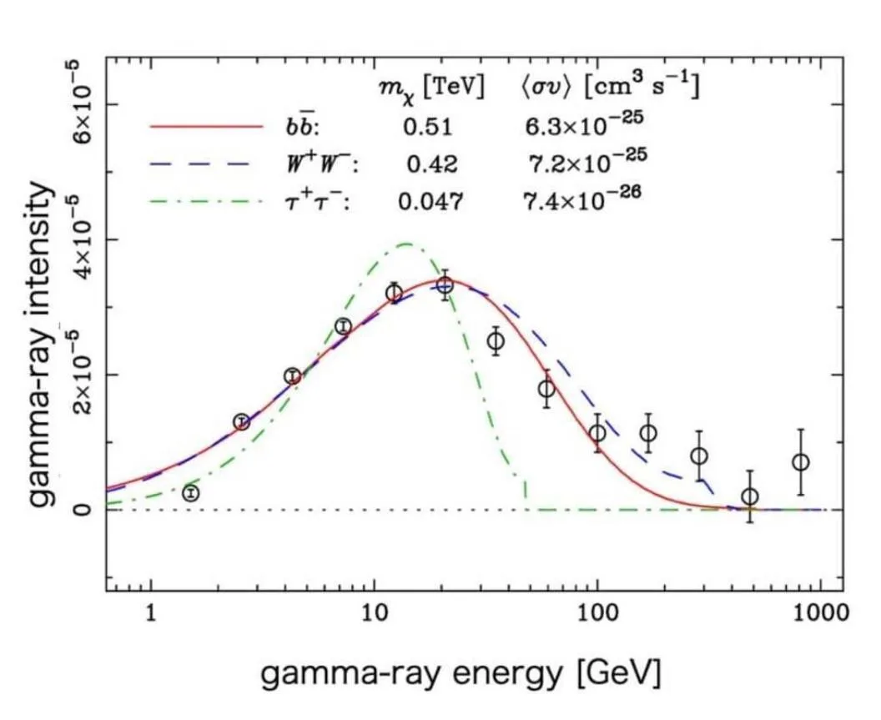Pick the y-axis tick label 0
click(83, 509)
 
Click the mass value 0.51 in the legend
click(427, 127)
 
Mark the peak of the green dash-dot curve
click(406, 244)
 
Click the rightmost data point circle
click(801, 462)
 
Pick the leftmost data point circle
click(191, 493)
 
